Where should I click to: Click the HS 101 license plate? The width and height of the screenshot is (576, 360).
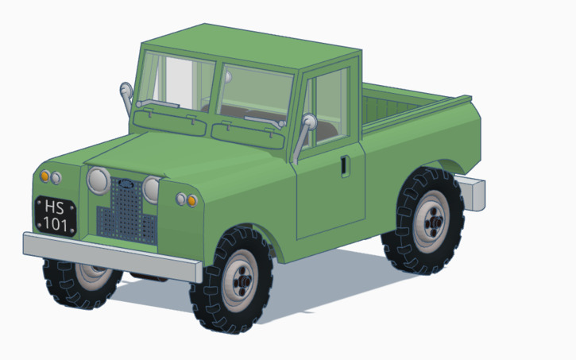[55, 215]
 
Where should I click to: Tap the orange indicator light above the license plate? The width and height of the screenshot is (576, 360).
[45, 176]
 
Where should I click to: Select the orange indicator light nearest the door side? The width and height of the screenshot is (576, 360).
[191, 200]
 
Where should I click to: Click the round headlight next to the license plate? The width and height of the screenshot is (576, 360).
[97, 181]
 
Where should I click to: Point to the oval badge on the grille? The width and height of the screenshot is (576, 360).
[125, 184]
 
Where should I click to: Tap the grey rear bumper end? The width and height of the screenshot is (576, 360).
[474, 193]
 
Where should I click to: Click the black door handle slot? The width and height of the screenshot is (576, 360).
[343, 166]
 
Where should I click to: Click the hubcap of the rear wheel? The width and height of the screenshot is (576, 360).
[431, 222]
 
